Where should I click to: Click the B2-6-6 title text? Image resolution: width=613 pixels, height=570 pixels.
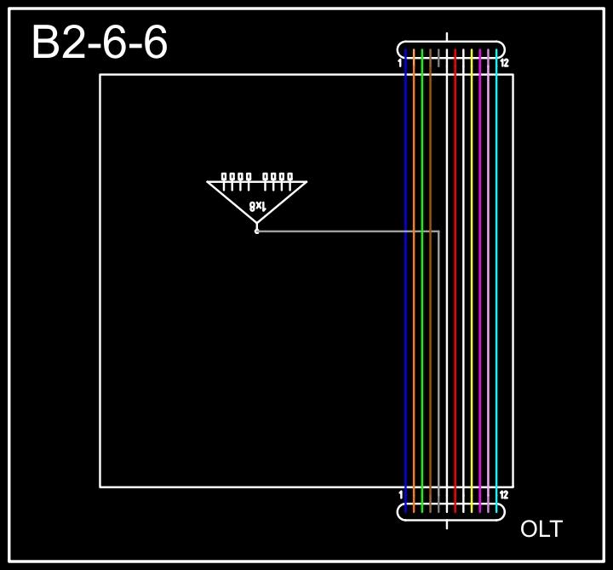[x=100, y=43]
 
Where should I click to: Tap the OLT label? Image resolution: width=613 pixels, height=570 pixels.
[x=541, y=529]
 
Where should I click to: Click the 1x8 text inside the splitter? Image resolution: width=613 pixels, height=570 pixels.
[x=258, y=206]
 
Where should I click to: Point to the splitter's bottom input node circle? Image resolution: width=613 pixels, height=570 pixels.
[x=257, y=231]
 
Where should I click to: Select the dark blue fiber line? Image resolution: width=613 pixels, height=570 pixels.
[x=405, y=281]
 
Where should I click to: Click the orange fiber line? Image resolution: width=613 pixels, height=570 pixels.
[x=414, y=281]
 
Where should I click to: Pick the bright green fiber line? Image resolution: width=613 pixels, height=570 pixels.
[x=422, y=281]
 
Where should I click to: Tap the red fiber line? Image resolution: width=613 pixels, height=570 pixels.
[x=455, y=281]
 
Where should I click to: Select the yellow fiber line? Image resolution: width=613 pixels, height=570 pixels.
[x=472, y=281]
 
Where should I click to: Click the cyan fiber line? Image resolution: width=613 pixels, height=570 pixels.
[x=496, y=281]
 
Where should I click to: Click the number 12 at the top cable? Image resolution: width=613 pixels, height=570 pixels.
[x=504, y=63]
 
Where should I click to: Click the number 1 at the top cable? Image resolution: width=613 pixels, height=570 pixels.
[x=399, y=63]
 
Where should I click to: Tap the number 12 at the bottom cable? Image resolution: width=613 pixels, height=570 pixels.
[x=504, y=495]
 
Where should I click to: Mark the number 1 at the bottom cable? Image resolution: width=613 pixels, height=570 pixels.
[x=399, y=495]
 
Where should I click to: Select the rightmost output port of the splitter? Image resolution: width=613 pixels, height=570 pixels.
[x=290, y=177]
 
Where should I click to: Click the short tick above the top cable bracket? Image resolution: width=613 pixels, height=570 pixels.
[x=448, y=37]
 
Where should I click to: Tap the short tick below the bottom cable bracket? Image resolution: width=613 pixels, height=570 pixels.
[x=448, y=524]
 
